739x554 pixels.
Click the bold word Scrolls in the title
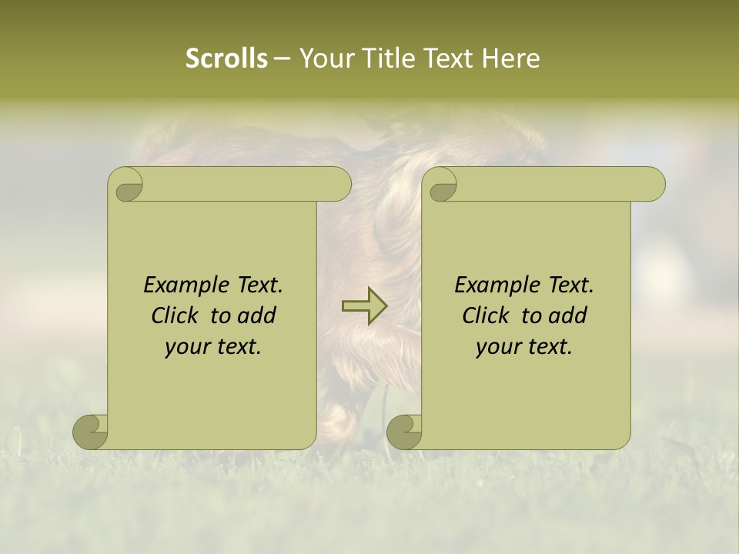coord(226,58)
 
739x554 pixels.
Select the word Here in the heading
coord(510,58)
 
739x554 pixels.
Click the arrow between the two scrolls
coord(364,306)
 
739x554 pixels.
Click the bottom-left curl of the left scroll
coord(91,432)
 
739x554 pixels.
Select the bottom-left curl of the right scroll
coord(404,432)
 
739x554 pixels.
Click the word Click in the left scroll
coord(176,316)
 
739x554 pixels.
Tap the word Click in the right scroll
coord(487,316)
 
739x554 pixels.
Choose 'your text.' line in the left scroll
coord(212,347)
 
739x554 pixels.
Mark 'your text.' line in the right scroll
coord(523,347)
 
